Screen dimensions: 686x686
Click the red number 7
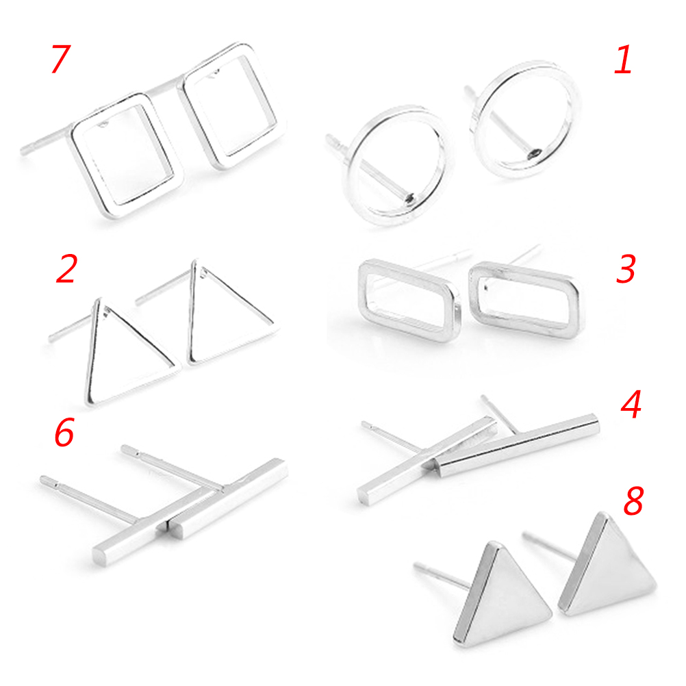(x=60, y=59)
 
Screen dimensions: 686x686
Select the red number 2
(x=66, y=268)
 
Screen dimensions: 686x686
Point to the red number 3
(x=626, y=268)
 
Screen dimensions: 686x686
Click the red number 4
(x=631, y=404)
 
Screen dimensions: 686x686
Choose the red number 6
(x=64, y=432)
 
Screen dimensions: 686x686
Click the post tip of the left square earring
(x=23, y=151)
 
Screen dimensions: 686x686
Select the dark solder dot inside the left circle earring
(x=410, y=199)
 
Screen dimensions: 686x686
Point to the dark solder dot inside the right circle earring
(x=535, y=153)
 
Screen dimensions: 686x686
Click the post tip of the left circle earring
(x=328, y=138)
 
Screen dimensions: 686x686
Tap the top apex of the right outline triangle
(x=194, y=262)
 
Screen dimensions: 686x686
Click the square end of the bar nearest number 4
(x=596, y=421)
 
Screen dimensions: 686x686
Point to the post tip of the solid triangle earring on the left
(x=416, y=567)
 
